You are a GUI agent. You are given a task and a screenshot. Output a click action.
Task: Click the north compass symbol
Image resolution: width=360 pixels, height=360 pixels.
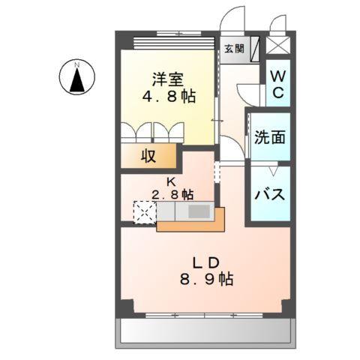point(76,78)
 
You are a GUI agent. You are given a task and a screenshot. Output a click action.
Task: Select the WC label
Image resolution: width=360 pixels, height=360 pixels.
point(277,84)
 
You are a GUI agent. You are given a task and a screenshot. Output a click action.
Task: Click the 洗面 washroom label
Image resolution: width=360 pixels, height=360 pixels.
point(269,137)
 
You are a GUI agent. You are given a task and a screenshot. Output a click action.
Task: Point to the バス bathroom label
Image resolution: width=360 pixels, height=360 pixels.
point(269,193)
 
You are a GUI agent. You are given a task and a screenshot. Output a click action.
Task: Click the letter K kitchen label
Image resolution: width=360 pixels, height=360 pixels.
point(171,181)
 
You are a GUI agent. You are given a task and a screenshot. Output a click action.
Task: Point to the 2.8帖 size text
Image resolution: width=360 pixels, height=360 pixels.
point(172,194)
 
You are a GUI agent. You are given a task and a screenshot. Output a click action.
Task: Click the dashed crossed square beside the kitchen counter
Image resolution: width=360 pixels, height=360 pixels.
point(144,212)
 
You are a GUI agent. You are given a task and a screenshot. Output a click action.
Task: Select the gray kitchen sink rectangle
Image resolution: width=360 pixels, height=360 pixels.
point(199,211)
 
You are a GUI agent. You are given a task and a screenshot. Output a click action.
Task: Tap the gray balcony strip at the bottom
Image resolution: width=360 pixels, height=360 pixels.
point(202,329)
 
